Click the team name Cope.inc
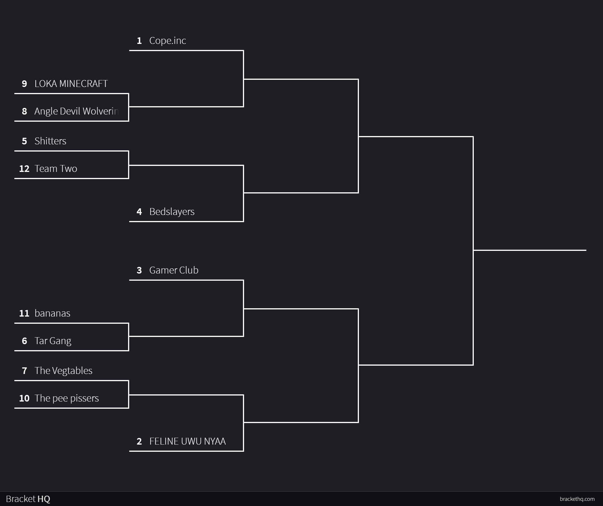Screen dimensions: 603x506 167,41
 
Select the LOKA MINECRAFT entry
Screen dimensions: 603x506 71,84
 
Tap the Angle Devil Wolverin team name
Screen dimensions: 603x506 76,111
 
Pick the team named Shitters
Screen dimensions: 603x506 50,141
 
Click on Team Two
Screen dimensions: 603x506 56,169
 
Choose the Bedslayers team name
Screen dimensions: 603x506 172,212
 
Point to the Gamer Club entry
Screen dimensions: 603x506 174,270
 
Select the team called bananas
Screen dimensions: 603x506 52,313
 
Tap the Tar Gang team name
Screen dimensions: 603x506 53,341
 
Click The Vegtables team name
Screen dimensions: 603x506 63,371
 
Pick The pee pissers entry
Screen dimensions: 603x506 67,398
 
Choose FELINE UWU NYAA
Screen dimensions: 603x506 188,441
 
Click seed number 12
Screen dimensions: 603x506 24,169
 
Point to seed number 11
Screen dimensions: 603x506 24,313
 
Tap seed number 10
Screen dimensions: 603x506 24,398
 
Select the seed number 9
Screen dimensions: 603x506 24,84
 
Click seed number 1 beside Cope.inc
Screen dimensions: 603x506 139,41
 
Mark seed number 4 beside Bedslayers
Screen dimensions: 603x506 139,212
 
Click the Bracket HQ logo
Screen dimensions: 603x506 28,499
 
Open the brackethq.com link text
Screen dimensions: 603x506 577,499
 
